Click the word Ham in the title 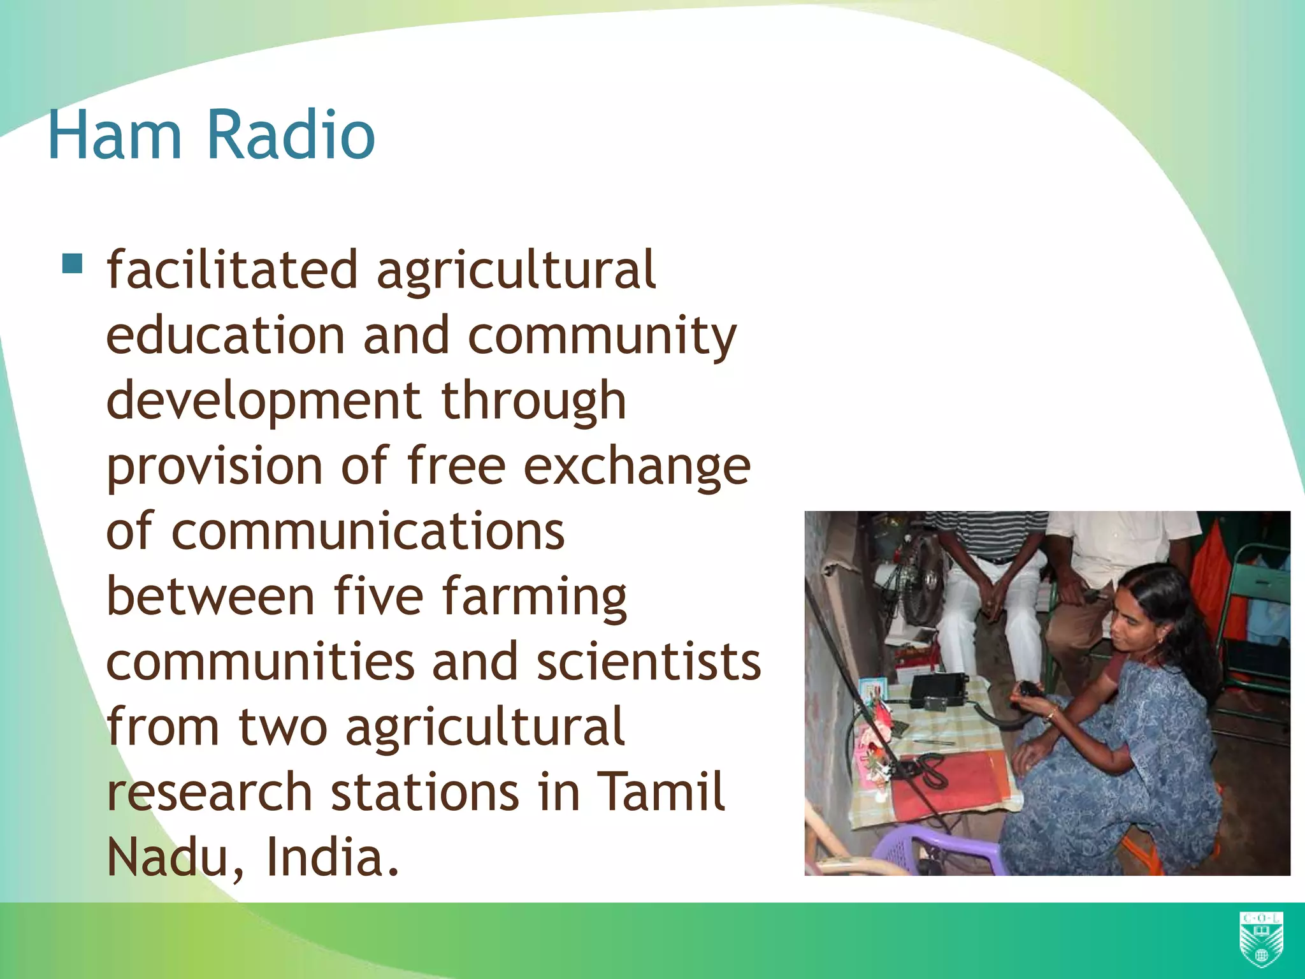tap(115, 135)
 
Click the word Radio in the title tap(291, 135)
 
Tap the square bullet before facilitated tap(73, 263)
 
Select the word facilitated tap(231, 270)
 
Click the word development tap(263, 402)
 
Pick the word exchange tap(637, 467)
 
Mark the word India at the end tap(331, 857)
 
